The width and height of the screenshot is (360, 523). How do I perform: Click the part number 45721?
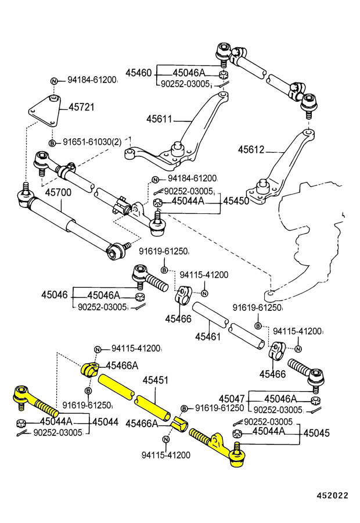coord(81,108)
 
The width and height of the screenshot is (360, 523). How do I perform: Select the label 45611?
coord(159,119)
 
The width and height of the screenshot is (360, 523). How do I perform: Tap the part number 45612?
coord(251,150)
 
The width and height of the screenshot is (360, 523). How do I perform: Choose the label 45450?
coord(236,200)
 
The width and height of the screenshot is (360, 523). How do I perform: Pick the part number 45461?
coord(207,336)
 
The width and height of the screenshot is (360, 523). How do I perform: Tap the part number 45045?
coord(316,432)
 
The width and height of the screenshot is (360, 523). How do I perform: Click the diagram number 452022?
coord(332,496)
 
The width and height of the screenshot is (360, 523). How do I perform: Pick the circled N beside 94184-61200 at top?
coord(53,81)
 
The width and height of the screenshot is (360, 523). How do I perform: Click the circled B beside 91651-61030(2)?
coord(52,142)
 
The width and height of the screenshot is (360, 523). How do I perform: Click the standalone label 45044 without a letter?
coord(105,422)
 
